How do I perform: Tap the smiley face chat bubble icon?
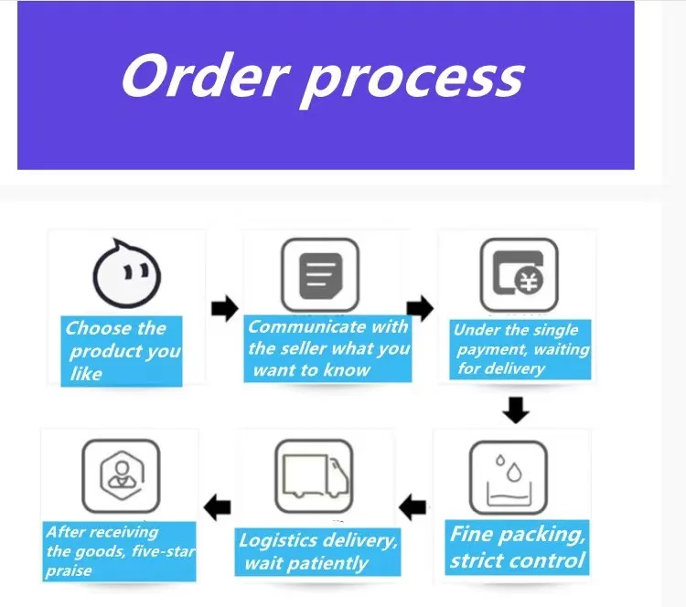pyautogui.click(x=128, y=273)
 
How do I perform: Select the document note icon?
pyautogui.click(x=319, y=272)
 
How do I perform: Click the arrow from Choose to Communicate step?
pyautogui.click(x=224, y=308)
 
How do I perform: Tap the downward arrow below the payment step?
pyautogui.click(x=517, y=410)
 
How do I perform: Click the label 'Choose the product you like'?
pyautogui.click(x=121, y=351)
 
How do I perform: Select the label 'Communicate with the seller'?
pyautogui.click(x=328, y=347)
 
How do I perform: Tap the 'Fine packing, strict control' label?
pyautogui.click(x=517, y=547)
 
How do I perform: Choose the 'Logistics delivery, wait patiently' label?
pyautogui.click(x=317, y=551)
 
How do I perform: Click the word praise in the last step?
pyautogui.click(x=70, y=570)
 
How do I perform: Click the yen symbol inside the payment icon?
pyautogui.click(x=528, y=282)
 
